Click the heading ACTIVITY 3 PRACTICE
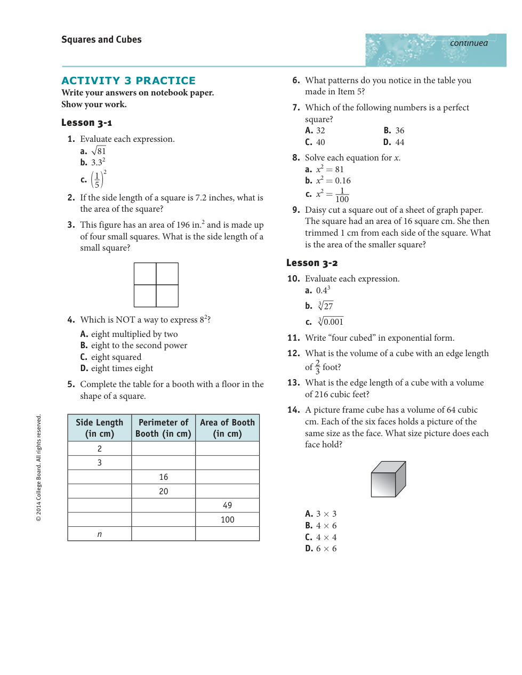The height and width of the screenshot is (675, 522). tap(129, 81)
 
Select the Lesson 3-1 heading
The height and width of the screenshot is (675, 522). tap(86, 123)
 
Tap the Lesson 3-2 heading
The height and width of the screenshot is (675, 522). tap(312, 263)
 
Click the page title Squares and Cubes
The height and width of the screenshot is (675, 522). tap(101, 39)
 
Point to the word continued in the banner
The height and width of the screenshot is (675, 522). tap(469, 43)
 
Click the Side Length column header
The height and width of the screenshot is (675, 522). tap(100, 428)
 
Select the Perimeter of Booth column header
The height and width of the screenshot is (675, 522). tap(163, 428)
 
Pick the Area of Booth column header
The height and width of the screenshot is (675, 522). tap(227, 428)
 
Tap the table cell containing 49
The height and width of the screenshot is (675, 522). tap(227, 505)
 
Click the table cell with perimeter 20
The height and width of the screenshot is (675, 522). tap(164, 491)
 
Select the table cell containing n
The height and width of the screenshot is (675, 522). tap(100, 534)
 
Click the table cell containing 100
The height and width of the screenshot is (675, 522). tap(227, 519)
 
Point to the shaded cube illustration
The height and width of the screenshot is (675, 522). tap(388, 479)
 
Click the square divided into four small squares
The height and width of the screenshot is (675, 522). tap(156, 285)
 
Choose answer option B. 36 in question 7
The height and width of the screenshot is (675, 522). tap(394, 131)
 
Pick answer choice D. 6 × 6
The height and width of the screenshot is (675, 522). tap(321, 549)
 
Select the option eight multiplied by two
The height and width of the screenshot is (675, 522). tap(129, 334)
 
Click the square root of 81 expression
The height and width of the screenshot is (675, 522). tap(99, 151)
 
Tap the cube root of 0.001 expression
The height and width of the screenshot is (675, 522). tap(331, 322)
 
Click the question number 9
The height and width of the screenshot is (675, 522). tap(296, 210)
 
